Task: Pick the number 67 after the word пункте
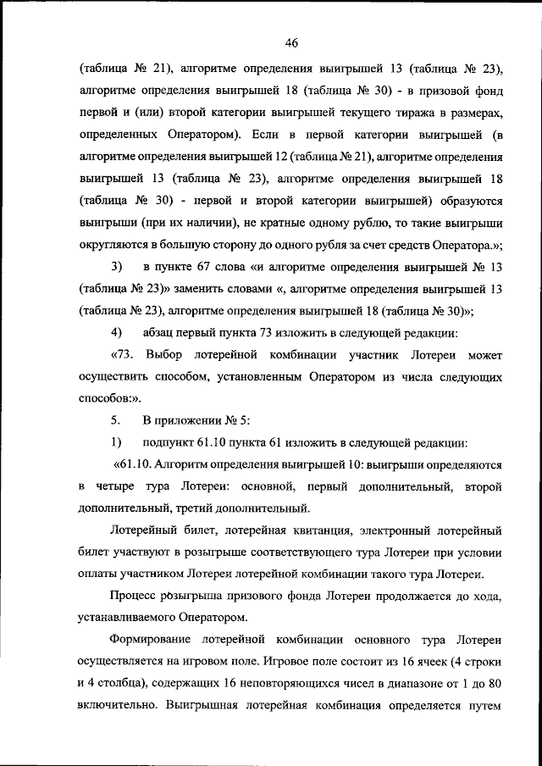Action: coord(207,267)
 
